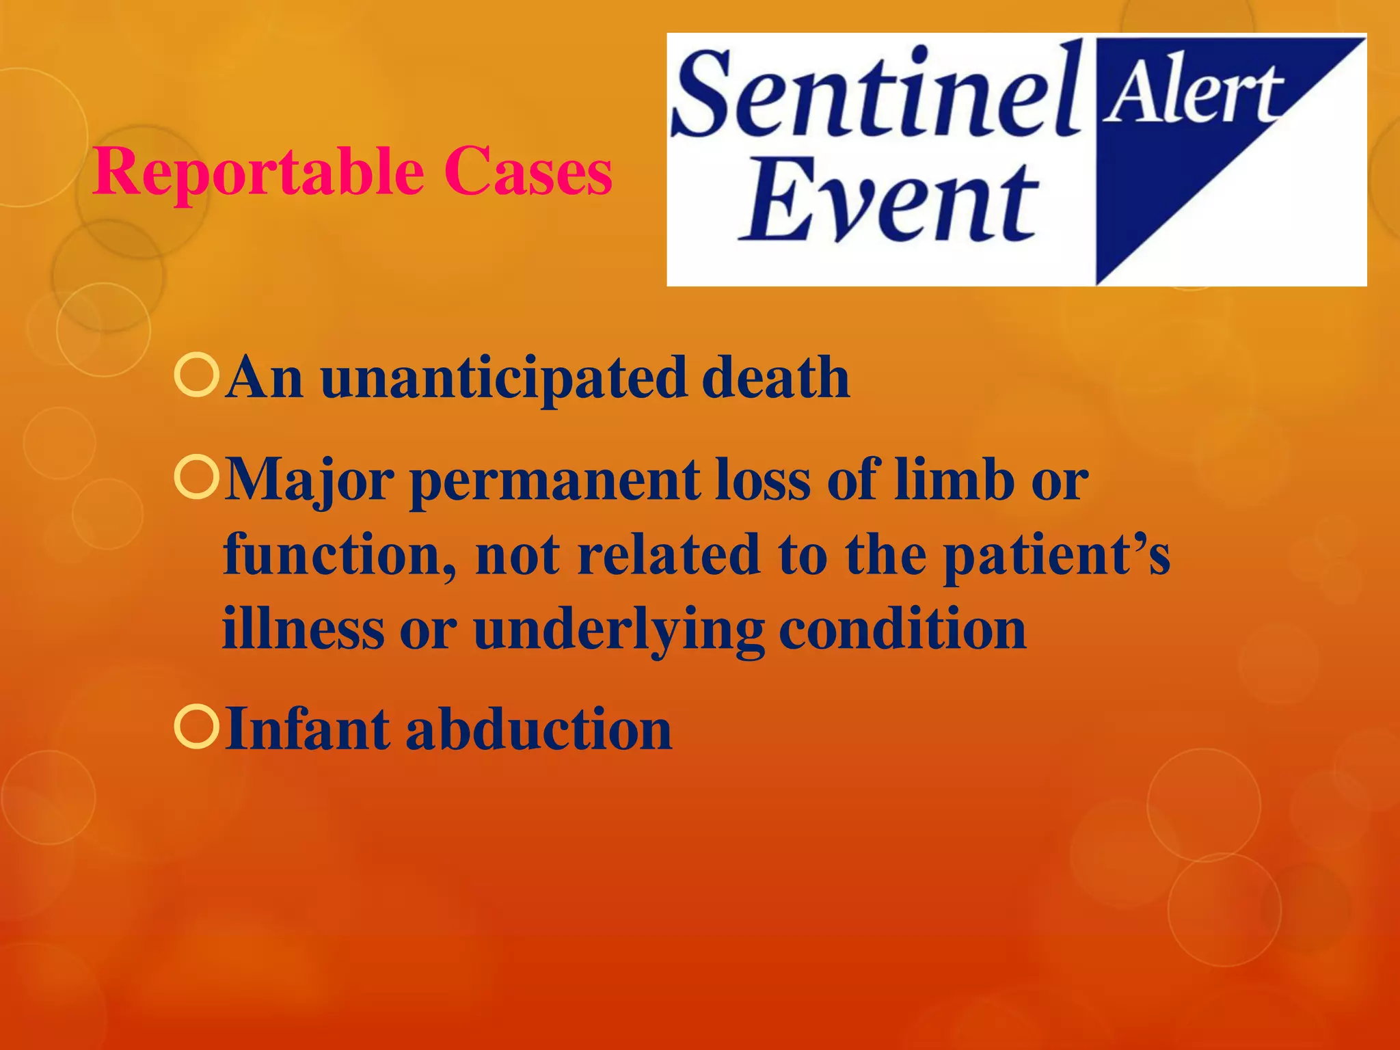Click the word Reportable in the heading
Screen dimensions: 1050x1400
(258, 172)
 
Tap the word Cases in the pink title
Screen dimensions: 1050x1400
(528, 172)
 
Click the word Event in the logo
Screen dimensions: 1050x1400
(889, 200)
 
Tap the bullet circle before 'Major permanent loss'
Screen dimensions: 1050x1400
(197, 478)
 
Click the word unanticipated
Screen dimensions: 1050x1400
(503, 379)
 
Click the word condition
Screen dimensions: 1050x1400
(902, 629)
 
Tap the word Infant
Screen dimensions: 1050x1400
(307, 729)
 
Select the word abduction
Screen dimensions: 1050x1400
(539, 729)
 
